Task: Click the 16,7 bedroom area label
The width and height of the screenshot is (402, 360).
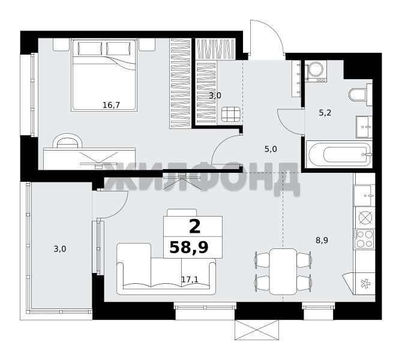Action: click(111, 105)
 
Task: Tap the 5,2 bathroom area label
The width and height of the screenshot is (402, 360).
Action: click(325, 113)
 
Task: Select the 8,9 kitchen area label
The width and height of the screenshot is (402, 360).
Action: click(322, 241)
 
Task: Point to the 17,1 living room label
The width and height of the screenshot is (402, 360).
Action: click(190, 280)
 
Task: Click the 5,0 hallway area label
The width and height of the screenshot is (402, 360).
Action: click(271, 149)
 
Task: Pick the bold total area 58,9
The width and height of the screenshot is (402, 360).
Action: click(189, 248)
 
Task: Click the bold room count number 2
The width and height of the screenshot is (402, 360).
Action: click(194, 227)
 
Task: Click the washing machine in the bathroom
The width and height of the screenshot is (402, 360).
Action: click(316, 71)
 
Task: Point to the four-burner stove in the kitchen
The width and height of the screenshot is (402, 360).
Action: click(364, 239)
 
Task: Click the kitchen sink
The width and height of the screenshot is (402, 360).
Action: click(364, 196)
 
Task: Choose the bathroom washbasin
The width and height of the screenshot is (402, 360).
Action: click(364, 127)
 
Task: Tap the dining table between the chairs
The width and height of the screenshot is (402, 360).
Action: click(283, 271)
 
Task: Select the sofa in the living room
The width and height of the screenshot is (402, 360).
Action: click(166, 269)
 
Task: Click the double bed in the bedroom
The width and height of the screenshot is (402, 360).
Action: click(104, 75)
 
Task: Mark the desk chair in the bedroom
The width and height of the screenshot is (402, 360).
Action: click(67, 140)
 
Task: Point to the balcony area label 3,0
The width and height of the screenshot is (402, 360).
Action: click(60, 249)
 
